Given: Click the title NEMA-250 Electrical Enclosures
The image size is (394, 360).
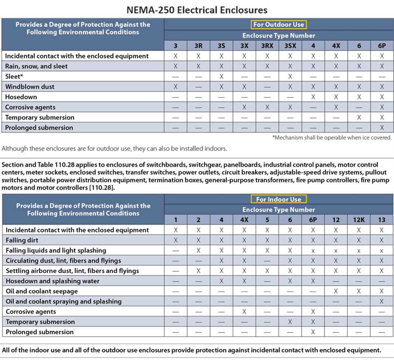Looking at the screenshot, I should [x=197, y=9].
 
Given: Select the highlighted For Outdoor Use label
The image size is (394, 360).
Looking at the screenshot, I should [x=279, y=25].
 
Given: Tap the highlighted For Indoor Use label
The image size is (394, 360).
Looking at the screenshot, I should [x=279, y=199].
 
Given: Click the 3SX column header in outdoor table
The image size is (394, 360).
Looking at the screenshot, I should [x=290, y=46].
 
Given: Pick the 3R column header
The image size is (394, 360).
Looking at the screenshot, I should [x=198, y=46].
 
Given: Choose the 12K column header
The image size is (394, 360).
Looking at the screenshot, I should [x=359, y=220].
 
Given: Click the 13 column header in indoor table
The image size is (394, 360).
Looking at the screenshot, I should [x=382, y=220].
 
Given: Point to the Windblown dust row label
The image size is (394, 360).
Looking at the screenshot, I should [x=30, y=87].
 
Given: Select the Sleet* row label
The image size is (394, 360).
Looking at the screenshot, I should [x=15, y=77].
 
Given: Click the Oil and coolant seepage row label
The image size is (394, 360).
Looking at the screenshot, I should [x=42, y=291].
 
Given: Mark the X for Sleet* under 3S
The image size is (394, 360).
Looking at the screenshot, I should [x=221, y=77].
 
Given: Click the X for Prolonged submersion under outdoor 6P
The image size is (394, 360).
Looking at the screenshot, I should [x=382, y=128].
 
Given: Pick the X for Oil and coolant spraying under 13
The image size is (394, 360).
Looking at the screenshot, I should [x=382, y=302].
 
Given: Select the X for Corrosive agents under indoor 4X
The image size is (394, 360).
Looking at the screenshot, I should [x=244, y=312].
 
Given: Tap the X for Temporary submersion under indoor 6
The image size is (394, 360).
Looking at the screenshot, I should [x=290, y=322].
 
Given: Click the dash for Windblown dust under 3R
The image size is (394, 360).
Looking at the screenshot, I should [x=198, y=87].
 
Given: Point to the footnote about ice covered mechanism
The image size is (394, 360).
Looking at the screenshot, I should [x=332, y=138].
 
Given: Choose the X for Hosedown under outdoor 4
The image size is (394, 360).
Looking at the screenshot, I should [x=313, y=97].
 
